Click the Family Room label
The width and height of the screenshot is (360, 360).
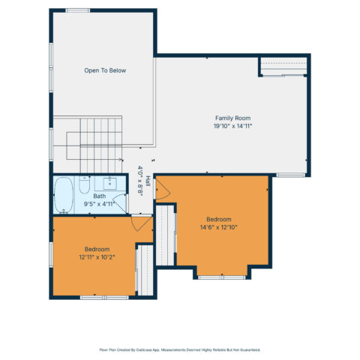coord(232,118)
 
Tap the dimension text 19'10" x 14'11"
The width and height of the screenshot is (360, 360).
coord(232,126)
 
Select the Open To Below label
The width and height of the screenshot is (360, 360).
coord(105,70)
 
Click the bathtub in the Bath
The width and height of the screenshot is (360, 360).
coord(64,195)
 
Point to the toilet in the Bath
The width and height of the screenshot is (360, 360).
coord(84,184)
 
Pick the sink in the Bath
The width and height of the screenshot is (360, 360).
coord(110,184)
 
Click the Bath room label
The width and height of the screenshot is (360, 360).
coord(100,196)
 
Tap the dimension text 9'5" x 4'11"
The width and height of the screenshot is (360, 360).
coord(99,204)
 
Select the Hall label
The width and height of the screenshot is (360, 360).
coord(148,181)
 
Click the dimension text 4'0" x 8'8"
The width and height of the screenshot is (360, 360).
coord(140,181)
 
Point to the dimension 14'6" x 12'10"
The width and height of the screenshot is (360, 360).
coord(219,227)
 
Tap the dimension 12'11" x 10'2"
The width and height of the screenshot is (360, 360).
coord(97,257)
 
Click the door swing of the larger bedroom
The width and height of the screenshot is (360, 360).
coord(163,190)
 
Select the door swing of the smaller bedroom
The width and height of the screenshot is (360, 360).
coord(142,223)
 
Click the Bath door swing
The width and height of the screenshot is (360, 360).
coord(120,203)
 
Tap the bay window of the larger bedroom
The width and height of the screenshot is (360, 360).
coord(222,277)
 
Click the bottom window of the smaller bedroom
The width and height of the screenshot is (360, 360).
coord(104,298)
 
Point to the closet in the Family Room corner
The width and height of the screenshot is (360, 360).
coord(283,66)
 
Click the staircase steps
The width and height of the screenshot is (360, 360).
coord(100,145)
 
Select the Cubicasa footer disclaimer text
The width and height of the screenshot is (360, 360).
coord(180,349)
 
